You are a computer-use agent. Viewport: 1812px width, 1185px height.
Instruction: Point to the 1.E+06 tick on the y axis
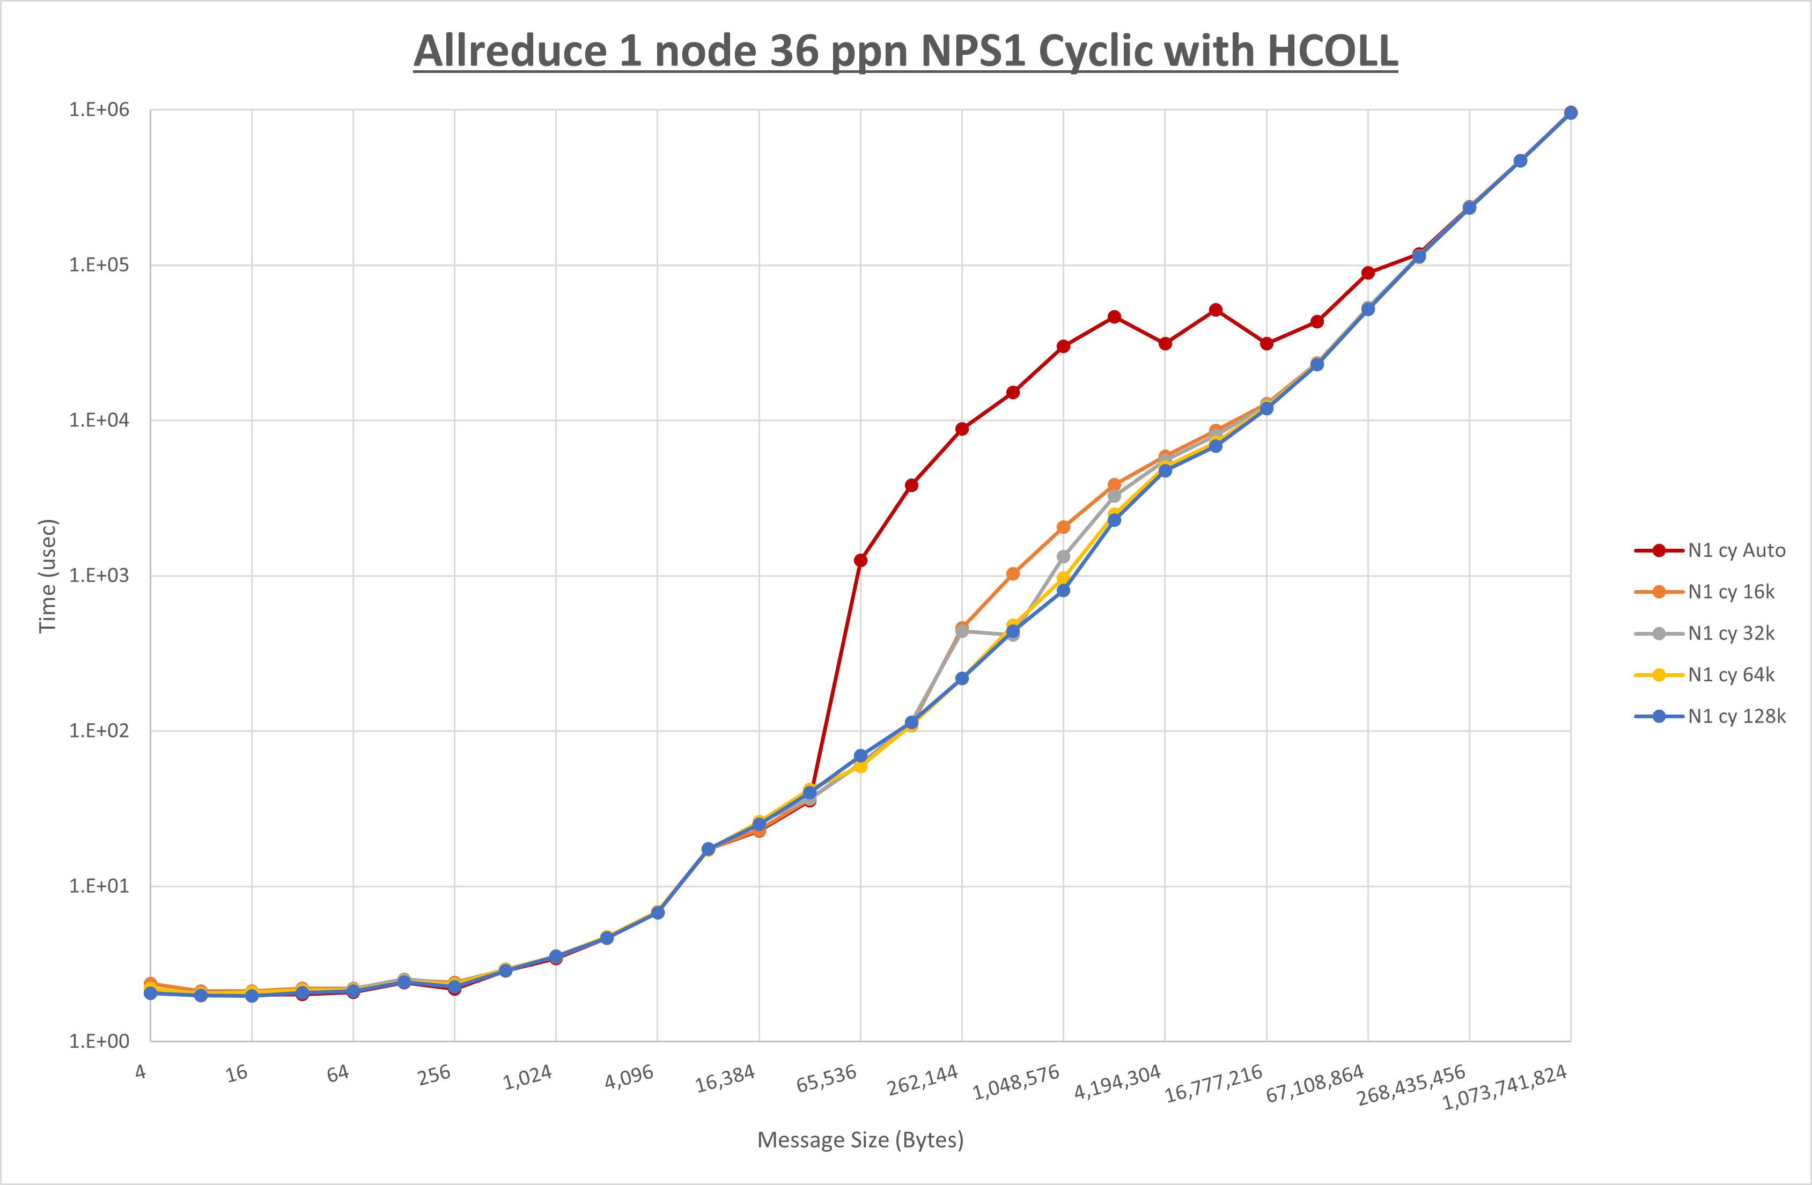(99, 109)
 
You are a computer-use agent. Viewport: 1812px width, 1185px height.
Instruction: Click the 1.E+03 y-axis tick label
(99, 576)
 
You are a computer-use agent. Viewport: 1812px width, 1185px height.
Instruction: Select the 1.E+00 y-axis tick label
(99, 1042)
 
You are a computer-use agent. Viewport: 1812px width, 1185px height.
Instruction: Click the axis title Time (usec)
(47, 576)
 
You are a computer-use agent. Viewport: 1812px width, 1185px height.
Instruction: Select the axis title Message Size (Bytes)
(860, 1140)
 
